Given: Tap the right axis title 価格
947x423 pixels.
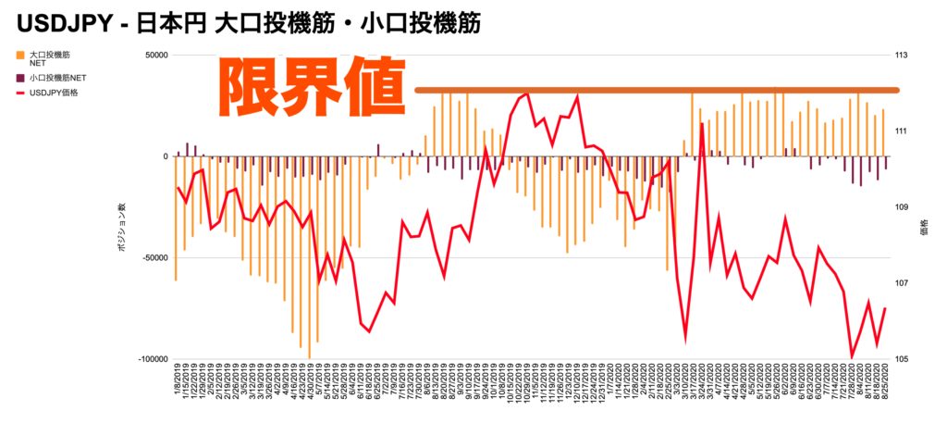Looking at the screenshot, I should pos(924,226).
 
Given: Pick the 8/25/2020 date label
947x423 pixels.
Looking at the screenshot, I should pos(885,389).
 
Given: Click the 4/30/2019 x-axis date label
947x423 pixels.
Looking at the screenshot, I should pos(310,389).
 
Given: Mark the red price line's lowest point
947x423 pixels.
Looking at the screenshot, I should pos(852,356).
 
